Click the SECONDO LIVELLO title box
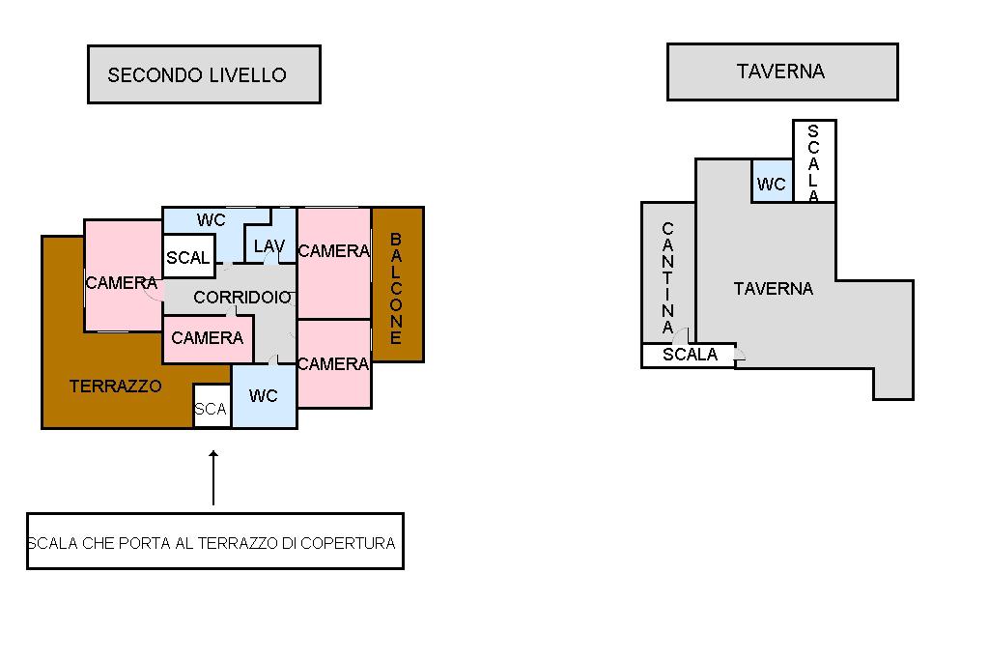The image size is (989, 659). click(204, 74)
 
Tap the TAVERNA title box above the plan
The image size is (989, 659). click(782, 72)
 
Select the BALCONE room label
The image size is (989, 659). click(396, 289)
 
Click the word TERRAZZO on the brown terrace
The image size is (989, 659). click(116, 386)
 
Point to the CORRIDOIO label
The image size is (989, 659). click(242, 297)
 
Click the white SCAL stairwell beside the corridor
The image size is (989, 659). click(188, 256)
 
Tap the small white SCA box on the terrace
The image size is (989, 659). click(212, 406)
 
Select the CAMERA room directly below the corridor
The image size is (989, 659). click(208, 339)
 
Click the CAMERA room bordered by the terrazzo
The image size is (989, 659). click(123, 275)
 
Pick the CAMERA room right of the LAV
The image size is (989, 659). click(333, 263)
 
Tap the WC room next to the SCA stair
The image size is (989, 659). click(265, 396)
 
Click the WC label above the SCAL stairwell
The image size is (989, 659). click(212, 219)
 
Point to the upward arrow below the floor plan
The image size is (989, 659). click(213, 478)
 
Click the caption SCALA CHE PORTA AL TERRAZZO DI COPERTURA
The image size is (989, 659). click(212, 543)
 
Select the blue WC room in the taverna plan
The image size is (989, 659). click(772, 181)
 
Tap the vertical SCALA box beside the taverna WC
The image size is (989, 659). click(814, 161)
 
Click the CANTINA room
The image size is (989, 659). click(668, 272)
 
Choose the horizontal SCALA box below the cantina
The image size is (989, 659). click(689, 355)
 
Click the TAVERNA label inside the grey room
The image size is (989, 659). click(774, 289)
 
